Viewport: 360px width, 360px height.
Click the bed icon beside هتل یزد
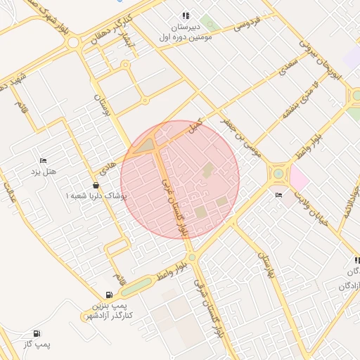44,161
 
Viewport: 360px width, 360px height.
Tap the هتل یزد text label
44,172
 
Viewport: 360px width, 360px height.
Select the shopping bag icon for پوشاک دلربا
96,185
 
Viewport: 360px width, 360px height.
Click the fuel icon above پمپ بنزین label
108,295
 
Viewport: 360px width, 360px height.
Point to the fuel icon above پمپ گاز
37,333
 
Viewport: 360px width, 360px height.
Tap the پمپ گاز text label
36,345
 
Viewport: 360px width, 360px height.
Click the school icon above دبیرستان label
186,15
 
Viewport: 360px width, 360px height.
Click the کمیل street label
193,127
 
